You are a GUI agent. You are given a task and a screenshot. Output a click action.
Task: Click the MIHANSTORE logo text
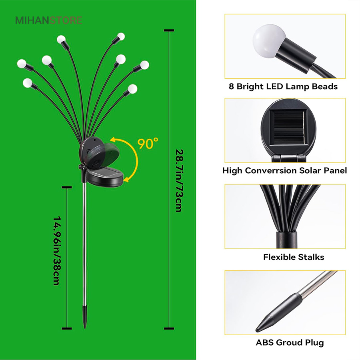(x=48, y=20)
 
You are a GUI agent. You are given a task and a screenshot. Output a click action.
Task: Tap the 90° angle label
(x=148, y=143)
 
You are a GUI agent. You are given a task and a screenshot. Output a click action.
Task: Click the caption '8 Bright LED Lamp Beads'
(x=283, y=86)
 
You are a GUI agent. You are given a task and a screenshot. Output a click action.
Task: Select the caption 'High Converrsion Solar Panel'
(x=284, y=170)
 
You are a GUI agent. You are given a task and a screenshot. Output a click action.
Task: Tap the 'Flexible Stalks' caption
(x=294, y=257)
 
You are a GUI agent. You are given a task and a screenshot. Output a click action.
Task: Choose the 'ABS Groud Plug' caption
(x=290, y=342)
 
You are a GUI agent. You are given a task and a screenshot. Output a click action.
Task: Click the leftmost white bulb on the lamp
(x=21, y=63)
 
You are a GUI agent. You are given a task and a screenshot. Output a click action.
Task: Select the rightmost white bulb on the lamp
(x=144, y=64)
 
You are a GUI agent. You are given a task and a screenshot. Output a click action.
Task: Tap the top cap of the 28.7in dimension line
(x=168, y=30)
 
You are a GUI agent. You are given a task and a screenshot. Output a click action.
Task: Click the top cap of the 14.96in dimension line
(x=66, y=186)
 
